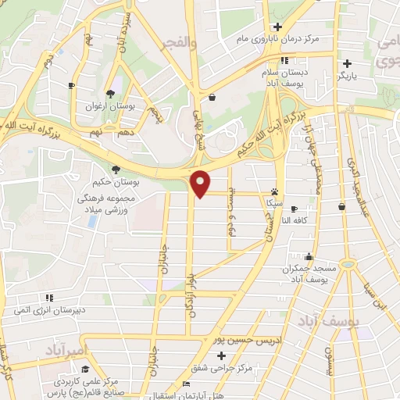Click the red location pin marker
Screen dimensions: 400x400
tap(202, 184)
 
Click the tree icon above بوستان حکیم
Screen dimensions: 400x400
tap(116, 169)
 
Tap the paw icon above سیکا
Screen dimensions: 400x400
tap(274, 191)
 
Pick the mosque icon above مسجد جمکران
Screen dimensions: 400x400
tap(309, 256)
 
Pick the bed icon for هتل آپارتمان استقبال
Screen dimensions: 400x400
tap(185, 384)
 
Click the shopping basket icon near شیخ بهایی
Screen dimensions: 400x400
tap(213, 97)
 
